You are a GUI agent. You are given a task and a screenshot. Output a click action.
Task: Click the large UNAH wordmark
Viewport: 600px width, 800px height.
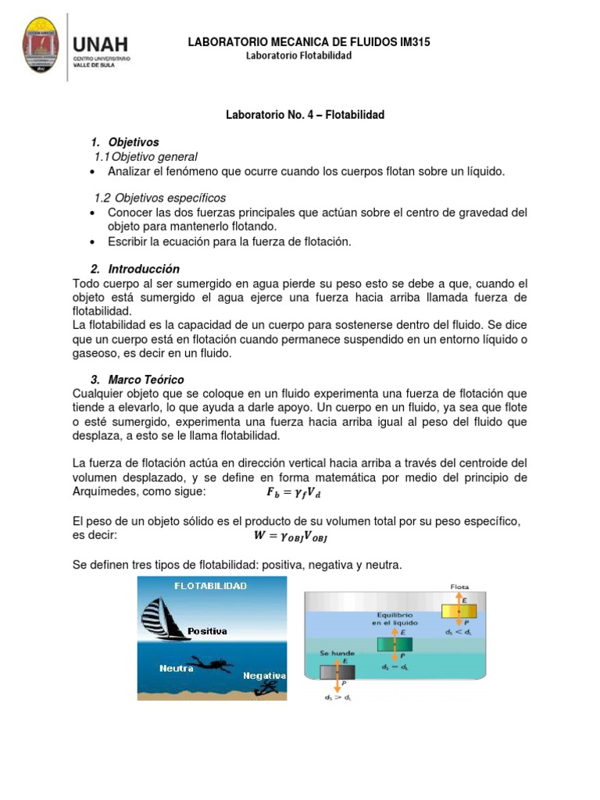pyautogui.click(x=100, y=43)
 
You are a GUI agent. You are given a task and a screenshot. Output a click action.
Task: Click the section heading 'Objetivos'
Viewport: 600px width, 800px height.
pyautogui.click(x=134, y=142)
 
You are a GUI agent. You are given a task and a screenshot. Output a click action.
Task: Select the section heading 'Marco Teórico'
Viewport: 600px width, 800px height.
pyautogui.click(x=146, y=379)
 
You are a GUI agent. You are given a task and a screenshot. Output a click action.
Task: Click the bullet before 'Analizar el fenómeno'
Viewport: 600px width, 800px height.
pyautogui.click(x=93, y=172)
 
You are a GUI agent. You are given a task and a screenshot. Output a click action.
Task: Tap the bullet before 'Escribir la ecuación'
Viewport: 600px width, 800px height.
pyautogui.click(x=93, y=242)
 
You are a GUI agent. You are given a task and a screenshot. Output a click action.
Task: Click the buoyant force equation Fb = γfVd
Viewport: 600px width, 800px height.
pyautogui.click(x=294, y=492)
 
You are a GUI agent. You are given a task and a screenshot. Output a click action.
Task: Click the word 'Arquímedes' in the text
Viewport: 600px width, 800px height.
pyautogui.click(x=101, y=491)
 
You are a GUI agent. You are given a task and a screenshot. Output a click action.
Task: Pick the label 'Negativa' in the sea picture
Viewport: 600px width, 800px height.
pyautogui.click(x=264, y=675)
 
